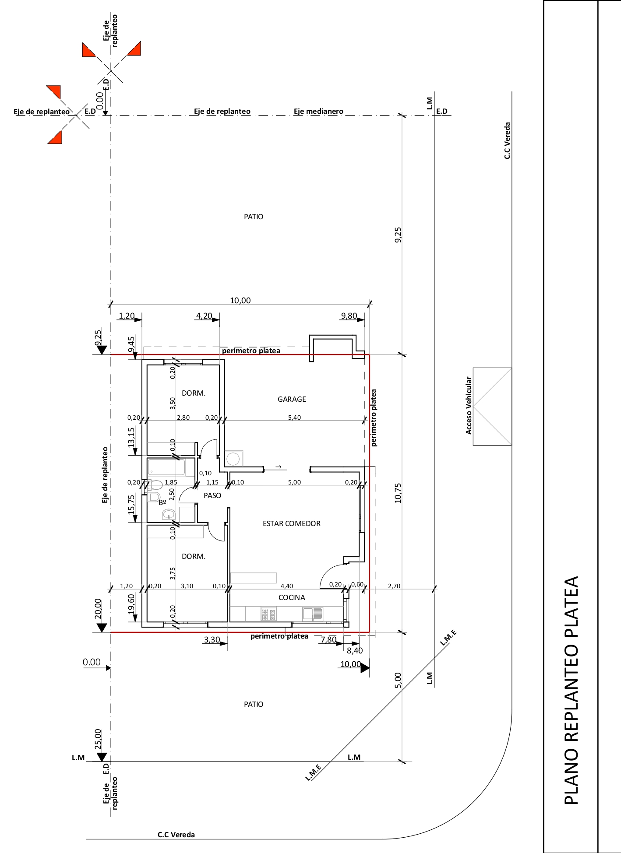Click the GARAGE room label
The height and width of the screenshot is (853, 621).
coord(292,399)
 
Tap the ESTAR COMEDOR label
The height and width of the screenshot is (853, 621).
coord(292,523)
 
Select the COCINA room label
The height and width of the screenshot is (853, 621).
coord(292,597)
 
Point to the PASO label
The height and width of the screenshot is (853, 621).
coord(212,495)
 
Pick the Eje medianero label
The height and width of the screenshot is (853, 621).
coord(318,111)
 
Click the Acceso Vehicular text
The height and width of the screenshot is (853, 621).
coord(469,405)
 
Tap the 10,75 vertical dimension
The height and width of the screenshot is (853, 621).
coord(398,493)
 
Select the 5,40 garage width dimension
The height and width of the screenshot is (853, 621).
coord(295,418)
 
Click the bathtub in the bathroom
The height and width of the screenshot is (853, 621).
coord(166,467)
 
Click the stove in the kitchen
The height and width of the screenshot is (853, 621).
coord(268,614)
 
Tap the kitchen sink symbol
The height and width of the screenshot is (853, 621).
coord(313,614)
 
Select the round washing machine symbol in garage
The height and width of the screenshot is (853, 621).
coord(233,459)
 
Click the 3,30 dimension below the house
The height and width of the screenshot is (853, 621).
coord(212,640)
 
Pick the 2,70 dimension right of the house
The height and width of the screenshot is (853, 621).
coord(394,586)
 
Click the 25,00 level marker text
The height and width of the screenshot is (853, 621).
coord(98,740)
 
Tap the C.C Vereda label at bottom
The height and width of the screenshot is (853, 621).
coord(176,835)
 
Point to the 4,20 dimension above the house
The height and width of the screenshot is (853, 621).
coord(204,316)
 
